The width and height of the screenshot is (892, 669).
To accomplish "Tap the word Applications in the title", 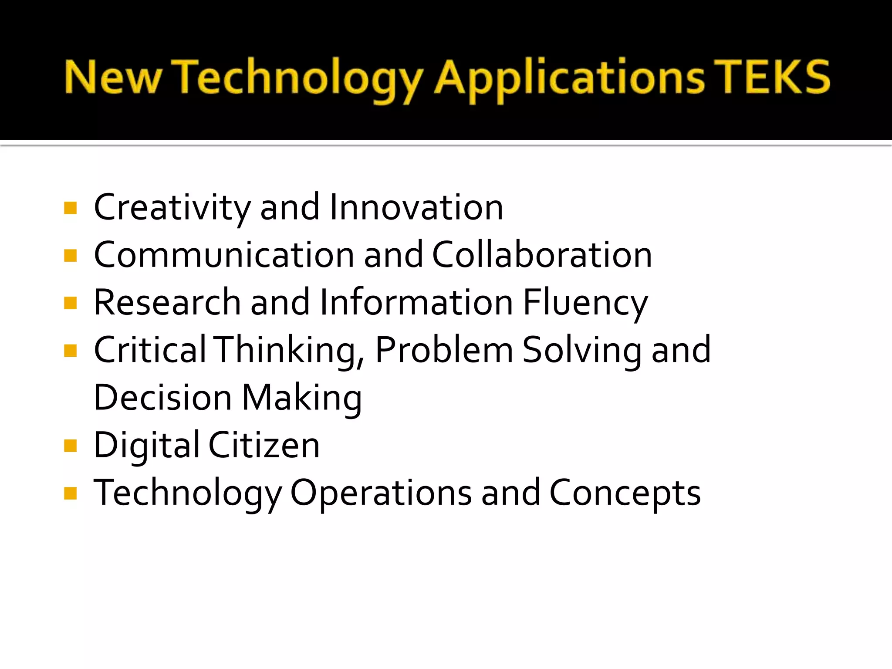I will pyautogui.click(x=569, y=78).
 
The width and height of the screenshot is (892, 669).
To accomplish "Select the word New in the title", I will pyautogui.click(x=113, y=78).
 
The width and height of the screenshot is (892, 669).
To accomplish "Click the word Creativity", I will pyautogui.click(x=172, y=208).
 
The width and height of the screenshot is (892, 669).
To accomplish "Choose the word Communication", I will pyautogui.click(x=224, y=255).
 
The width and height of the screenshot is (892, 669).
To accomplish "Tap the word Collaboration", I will pyautogui.click(x=542, y=255).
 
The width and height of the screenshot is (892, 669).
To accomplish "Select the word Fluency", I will pyautogui.click(x=585, y=303).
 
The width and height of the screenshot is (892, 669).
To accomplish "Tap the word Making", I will pyautogui.click(x=302, y=398).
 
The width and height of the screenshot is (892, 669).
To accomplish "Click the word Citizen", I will pyautogui.click(x=264, y=445).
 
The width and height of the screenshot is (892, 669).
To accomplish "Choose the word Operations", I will pyautogui.click(x=381, y=493).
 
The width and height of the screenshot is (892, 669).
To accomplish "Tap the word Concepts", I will pyautogui.click(x=625, y=493).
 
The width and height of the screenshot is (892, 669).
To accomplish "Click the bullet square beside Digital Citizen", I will pyautogui.click(x=70, y=446).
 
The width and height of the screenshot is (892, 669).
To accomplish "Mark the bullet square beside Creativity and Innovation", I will pyautogui.click(x=70, y=208).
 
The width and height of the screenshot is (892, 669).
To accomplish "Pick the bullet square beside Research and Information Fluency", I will pyautogui.click(x=70, y=303).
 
